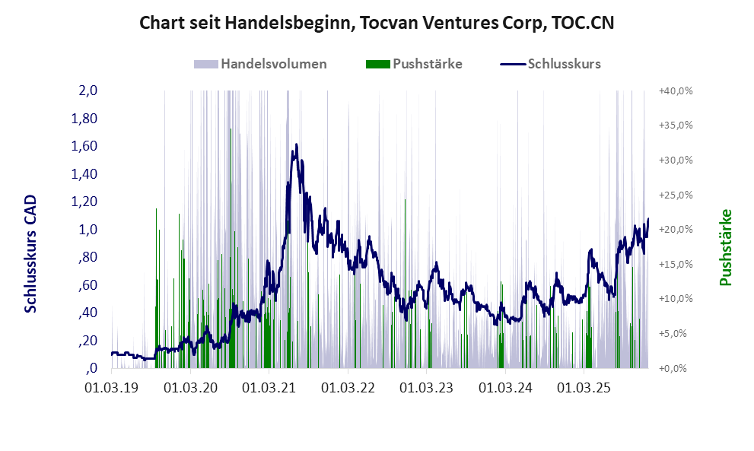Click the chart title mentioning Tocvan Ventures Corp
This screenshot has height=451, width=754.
click(377, 24)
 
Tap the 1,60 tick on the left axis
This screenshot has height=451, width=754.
click(84, 146)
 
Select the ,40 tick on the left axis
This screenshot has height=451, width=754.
click(87, 313)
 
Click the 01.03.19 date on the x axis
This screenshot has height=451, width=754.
click(112, 388)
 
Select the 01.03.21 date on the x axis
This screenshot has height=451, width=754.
click(270, 388)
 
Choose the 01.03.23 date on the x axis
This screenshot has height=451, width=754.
click(428, 388)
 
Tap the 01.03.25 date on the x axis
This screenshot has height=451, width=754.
click(585, 388)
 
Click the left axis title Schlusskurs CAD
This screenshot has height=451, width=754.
click(31, 253)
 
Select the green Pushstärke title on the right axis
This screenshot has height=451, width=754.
click(725, 247)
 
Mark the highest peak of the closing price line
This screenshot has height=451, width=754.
click(296, 145)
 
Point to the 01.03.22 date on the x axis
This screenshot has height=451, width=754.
click(348, 388)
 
